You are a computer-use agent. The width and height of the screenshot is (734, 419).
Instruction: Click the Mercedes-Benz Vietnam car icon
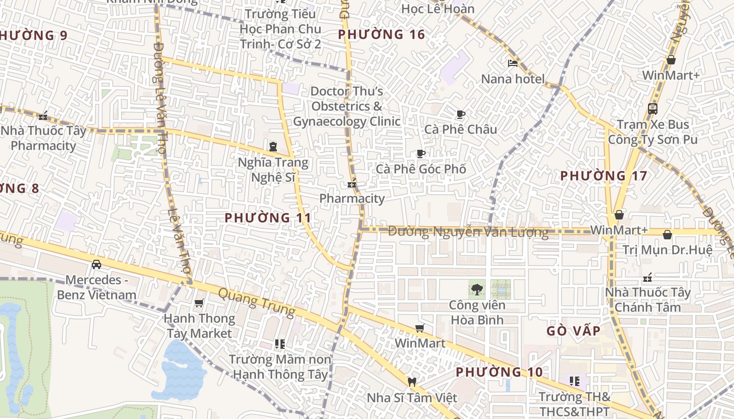click(x=96, y=264)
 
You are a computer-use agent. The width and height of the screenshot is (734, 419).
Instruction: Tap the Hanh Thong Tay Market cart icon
click(x=199, y=303)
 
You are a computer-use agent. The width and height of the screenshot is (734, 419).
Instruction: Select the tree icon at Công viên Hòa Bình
click(x=477, y=289)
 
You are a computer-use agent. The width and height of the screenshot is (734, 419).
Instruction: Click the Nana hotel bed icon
click(x=513, y=63)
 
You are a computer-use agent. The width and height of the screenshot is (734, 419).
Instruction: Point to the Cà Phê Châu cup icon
click(x=461, y=114)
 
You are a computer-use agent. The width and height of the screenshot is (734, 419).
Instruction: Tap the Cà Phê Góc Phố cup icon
click(x=420, y=153)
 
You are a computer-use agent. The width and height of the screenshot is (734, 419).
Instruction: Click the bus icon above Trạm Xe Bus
click(x=653, y=109)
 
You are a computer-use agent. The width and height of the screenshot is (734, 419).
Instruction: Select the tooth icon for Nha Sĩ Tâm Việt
click(x=412, y=382)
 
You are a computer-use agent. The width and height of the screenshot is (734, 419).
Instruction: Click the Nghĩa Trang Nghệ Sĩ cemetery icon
click(x=273, y=146)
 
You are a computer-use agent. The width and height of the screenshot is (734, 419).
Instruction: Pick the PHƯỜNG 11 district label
click(x=268, y=217)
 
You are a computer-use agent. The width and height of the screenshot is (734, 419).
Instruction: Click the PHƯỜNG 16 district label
click(x=381, y=35)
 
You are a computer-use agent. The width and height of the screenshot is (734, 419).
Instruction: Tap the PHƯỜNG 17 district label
click(x=604, y=176)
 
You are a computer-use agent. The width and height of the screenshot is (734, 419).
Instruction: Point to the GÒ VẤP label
click(x=573, y=331)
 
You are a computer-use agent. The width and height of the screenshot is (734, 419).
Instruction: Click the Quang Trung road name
click(x=256, y=302)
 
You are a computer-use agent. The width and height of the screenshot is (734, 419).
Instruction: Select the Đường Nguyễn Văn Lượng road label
click(x=468, y=231)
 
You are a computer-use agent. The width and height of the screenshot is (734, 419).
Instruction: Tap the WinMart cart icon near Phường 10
click(x=419, y=328)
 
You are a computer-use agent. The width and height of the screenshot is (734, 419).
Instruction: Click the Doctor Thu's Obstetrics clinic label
click(x=347, y=106)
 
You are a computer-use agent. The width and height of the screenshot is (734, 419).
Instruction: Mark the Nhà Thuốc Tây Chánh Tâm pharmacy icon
click(x=648, y=277)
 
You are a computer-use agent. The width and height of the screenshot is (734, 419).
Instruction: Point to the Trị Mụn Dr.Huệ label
click(x=667, y=250)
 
